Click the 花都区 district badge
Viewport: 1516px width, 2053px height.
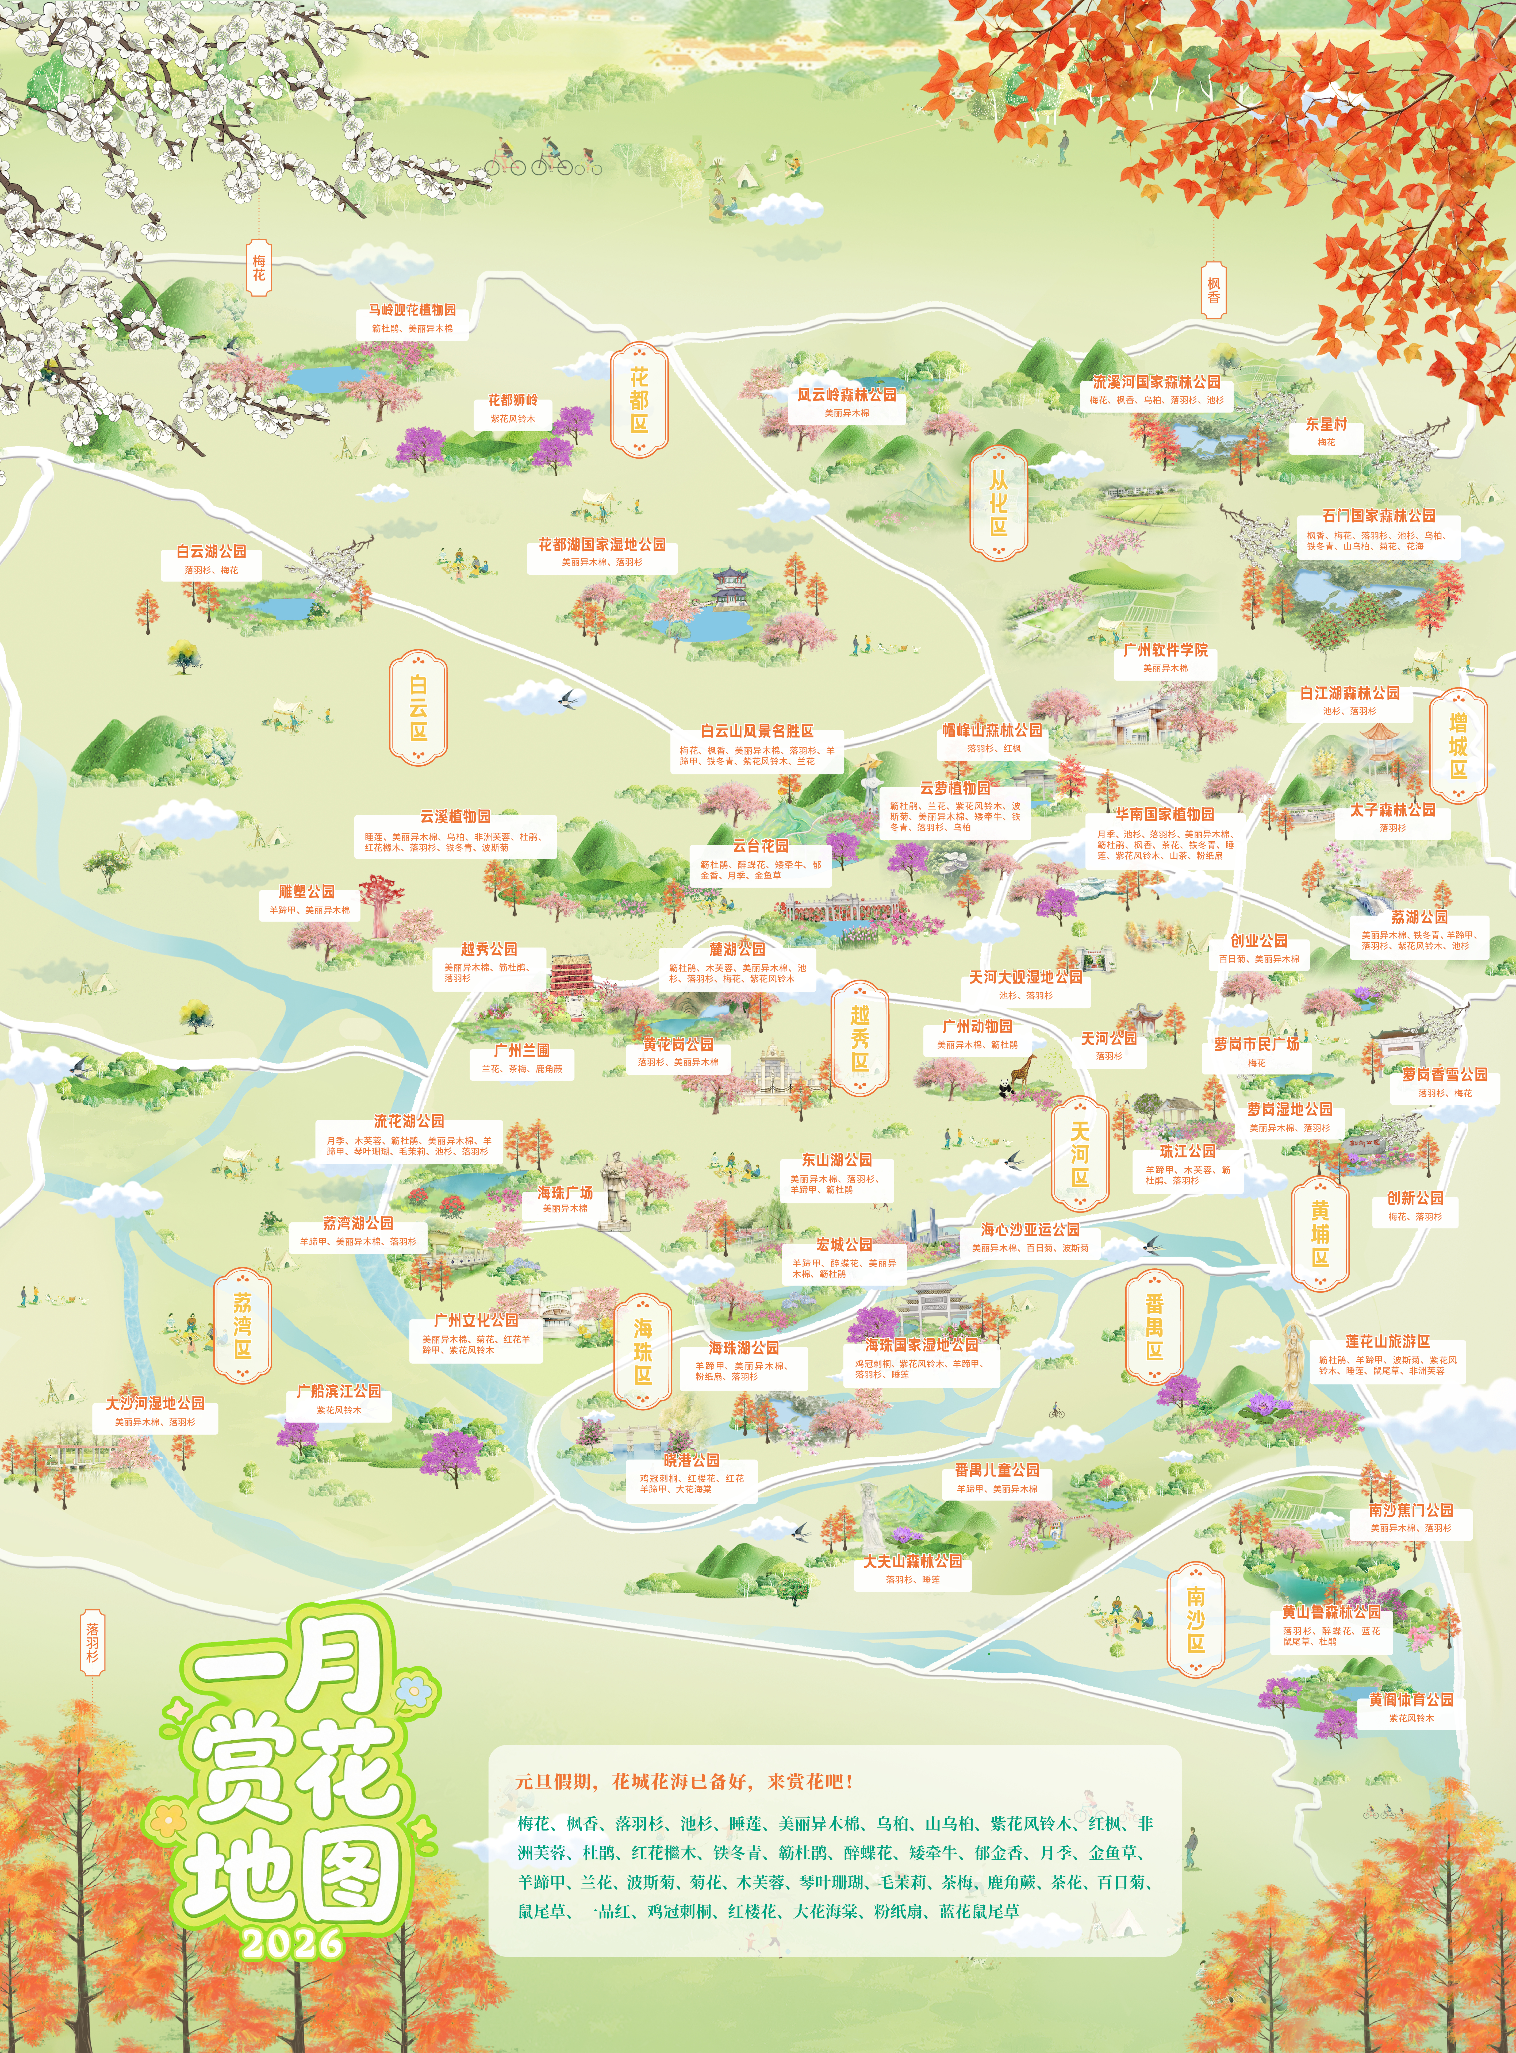point(639,400)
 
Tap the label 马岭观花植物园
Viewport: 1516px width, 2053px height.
point(413,310)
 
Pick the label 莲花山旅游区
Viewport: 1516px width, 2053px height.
point(1388,1341)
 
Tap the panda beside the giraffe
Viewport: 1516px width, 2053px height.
point(1006,1088)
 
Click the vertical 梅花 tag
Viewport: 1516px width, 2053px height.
point(259,268)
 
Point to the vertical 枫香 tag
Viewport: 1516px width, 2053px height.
point(1213,291)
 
